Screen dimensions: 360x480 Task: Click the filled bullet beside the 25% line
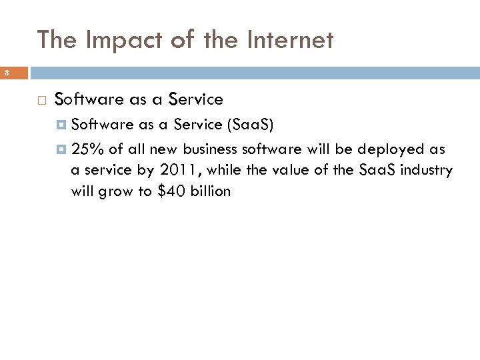[61, 149]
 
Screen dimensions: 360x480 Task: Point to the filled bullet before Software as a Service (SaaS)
[61, 125]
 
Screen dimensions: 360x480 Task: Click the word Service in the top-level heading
[195, 100]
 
